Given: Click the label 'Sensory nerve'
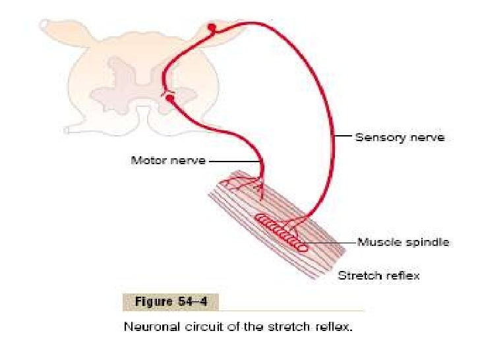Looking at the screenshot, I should coord(400,138).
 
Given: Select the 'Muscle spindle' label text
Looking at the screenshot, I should coord(403,242).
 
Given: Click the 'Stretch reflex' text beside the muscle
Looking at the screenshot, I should coord(378,274).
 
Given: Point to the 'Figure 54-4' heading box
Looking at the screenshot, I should coord(170,302).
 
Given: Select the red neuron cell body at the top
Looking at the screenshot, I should coord(211,28).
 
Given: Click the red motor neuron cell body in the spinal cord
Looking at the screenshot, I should coord(170,99).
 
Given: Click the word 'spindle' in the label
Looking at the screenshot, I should coord(428,242).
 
